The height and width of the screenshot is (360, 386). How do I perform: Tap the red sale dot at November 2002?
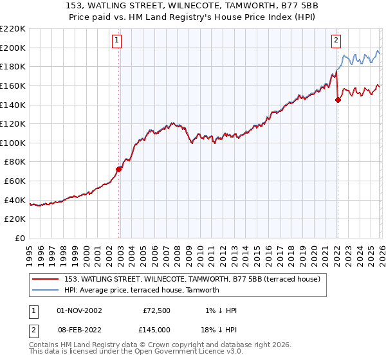(x=119, y=170)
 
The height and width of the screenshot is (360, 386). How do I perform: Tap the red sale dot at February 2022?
(x=338, y=99)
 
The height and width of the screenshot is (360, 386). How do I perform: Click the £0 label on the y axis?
(x=19, y=239)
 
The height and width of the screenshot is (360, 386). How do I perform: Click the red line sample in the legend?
(x=46, y=278)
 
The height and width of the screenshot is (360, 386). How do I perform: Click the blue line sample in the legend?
(x=46, y=290)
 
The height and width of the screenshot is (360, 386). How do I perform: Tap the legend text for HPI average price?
(x=142, y=290)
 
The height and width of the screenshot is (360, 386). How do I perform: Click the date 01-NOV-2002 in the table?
(x=80, y=310)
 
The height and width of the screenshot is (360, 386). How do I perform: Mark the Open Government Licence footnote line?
(x=136, y=352)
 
